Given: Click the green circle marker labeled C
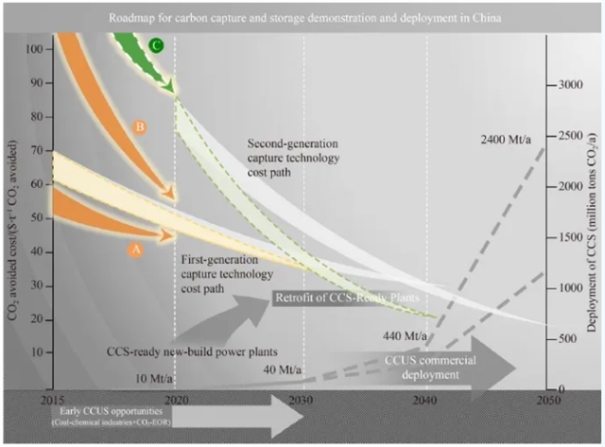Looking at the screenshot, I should tap(157, 44).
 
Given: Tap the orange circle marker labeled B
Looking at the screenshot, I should tap(139, 127).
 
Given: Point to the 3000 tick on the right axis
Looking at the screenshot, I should tap(569, 84).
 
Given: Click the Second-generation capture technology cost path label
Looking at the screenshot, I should tap(292, 158).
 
